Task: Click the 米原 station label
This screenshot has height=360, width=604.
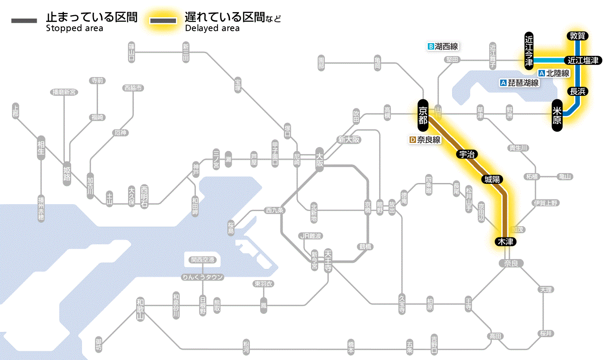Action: click(x=557, y=116)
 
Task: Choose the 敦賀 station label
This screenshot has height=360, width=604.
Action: click(x=577, y=36)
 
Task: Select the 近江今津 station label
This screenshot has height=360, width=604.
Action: click(x=529, y=51)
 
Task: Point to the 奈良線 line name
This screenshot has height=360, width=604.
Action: click(x=428, y=140)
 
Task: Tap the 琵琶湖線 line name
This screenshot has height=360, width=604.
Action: click(x=523, y=83)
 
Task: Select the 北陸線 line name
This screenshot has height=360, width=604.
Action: click(x=557, y=73)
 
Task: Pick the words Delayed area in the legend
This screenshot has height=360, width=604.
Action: click(x=212, y=28)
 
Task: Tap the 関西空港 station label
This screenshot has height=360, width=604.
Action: click(x=202, y=260)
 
